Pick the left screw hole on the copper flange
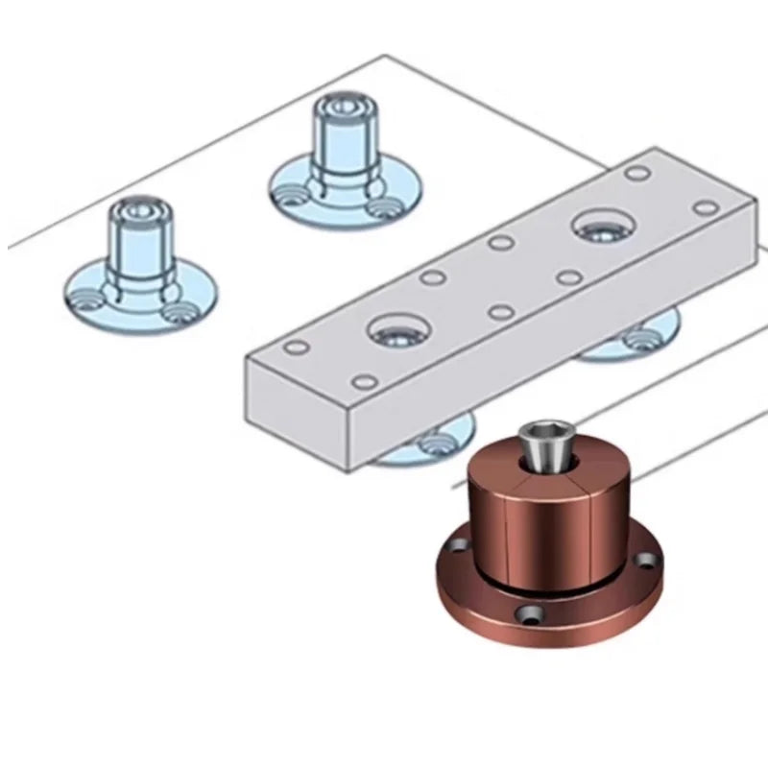pyautogui.click(x=459, y=545)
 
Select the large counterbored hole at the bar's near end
pyautogui.click(x=396, y=332)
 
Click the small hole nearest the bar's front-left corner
pyautogui.click(x=297, y=348)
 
